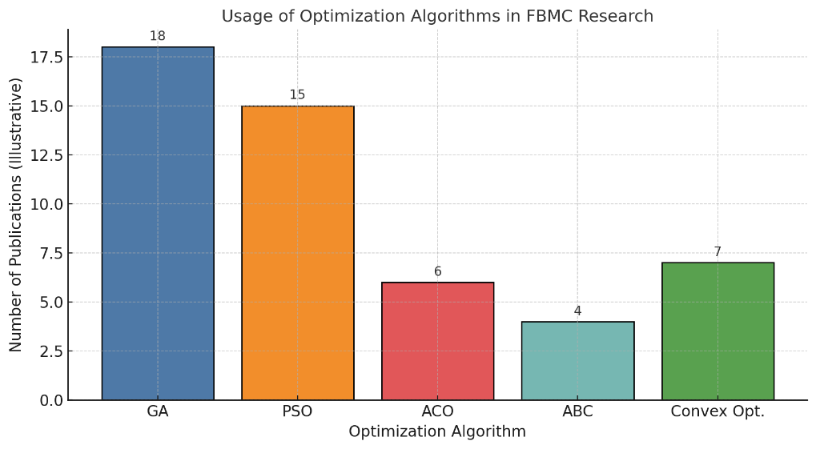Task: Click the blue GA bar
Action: pyautogui.click(x=158, y=223)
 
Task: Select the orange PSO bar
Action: pyautogui.click(x=298, y=253)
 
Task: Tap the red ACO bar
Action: pyautogui.click(x=437, y=341)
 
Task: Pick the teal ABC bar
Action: pyautogui.click(x=577, y=360)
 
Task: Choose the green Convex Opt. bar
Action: pyautogui.click(x=718, y=331)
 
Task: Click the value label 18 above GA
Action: pyautogui.click(x=158, y=36)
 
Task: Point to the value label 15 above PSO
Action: pyautogui.click(x=298, y=95)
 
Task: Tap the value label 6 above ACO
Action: pyautogui.click(x=437, y=272)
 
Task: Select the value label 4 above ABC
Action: pyautogui.click(x=577, y=311)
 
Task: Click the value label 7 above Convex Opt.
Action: pyautogui.click(x=718, y=252)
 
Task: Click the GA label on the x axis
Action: pyautogui.click(x=158, y=412)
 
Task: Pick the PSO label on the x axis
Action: pyautogui.click(x=298, y=412)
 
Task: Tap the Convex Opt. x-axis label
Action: pyautogui.click(x=718, y=412)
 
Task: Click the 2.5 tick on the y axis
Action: pyautogui.click(x=48, y=351)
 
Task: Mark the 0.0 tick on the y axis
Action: pyautogui.click(x=48, y=400)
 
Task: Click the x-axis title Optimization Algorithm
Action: pyautogui.click(x=437, y=432)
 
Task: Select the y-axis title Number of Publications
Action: pyautogui.click(x=16, y=214)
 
